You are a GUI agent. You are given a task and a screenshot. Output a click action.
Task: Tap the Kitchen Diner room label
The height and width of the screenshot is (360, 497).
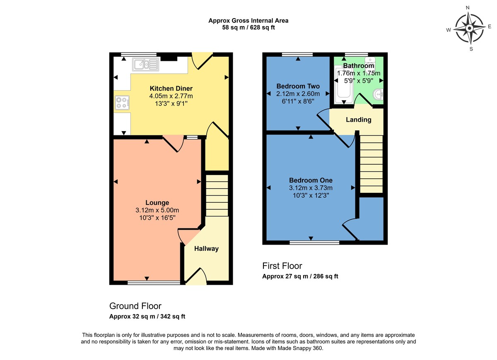coord(171,89)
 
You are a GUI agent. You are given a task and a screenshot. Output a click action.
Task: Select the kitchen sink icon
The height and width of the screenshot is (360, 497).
coord(145,64)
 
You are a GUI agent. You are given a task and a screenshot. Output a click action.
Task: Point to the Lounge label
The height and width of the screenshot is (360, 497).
coord(157,203)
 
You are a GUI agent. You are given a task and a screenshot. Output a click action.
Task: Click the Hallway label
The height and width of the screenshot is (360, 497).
coord(206,249)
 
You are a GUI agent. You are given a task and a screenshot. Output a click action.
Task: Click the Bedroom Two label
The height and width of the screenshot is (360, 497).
coord(298,86)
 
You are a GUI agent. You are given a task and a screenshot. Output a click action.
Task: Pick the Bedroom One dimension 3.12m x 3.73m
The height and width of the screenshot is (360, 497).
coord(311,188)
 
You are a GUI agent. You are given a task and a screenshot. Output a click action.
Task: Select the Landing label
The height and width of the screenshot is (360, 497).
coord(359,120)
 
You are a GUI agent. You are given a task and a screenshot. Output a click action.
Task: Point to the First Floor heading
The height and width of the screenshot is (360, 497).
coord(282,266)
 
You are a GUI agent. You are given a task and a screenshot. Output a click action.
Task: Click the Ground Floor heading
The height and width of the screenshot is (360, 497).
coord(135,306)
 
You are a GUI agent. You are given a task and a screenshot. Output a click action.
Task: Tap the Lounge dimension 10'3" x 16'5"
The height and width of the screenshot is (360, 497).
coord(157,218)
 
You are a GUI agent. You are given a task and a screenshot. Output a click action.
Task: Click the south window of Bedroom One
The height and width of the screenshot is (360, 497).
coord(314,242)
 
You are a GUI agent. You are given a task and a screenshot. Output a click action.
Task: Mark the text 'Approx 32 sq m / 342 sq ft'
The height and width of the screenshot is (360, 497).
coord(147,317)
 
